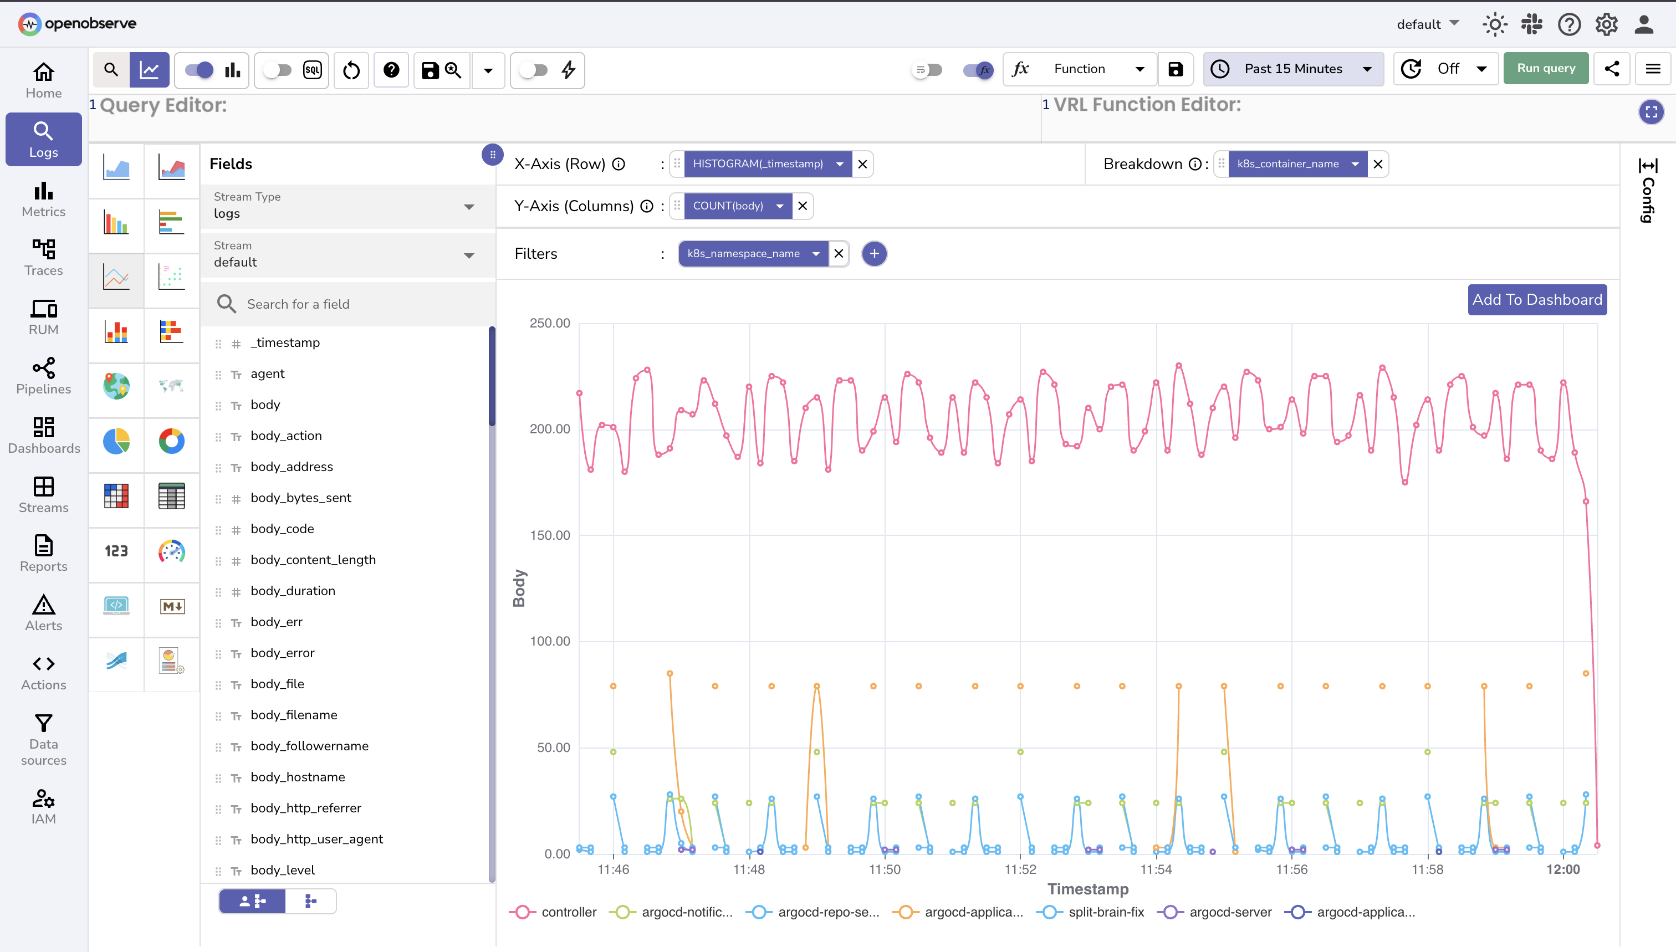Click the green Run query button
(1545, 69)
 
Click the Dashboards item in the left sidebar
(44, 436)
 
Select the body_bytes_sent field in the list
(300, 498)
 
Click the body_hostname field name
(298, 777)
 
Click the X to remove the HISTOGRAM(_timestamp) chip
(862, 164)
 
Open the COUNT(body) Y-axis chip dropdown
(779, 206)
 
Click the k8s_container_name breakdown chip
(1287, 164)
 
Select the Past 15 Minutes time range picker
(1293, 69)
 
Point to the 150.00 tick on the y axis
(549, 535)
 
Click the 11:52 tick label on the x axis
(1020, 869)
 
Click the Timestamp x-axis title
(1087, 889)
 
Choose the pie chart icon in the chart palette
(116, 441)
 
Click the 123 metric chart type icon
(116, 551)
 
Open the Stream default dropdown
(346, 255)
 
